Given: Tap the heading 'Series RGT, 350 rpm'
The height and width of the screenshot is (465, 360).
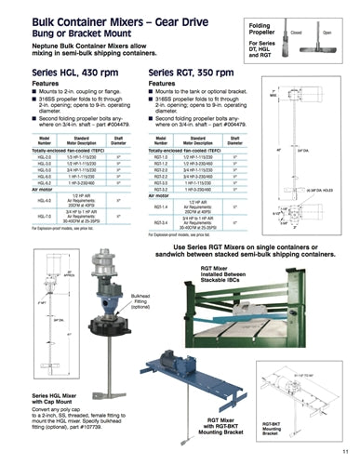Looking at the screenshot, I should (x=191, y=72).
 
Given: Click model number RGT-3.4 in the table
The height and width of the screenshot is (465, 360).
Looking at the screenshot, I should (x=160, y=222).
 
